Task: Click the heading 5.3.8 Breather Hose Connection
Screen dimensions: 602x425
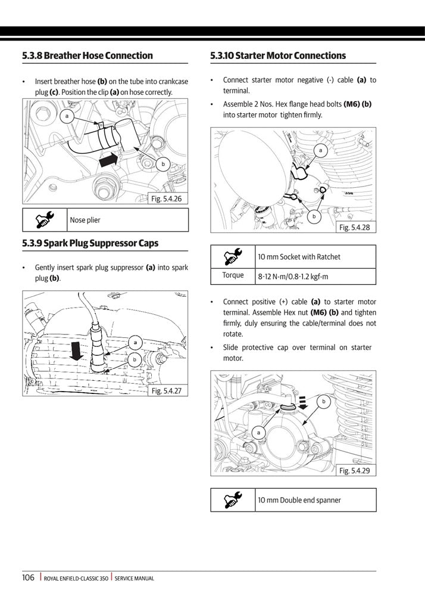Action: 87,55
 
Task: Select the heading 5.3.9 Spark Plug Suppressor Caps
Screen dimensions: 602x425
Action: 90,243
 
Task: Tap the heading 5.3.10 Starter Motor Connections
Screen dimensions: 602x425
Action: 278,55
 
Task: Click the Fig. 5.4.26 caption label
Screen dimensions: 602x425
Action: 167,198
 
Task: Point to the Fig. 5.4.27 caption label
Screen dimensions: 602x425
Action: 167,390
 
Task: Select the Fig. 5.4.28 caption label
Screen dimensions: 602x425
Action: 355,227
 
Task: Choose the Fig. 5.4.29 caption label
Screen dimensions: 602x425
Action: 355,470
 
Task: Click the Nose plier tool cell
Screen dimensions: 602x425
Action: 86,220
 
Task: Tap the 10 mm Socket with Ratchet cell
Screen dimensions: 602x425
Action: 299,257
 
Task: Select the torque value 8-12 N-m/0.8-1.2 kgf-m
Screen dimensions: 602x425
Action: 293,277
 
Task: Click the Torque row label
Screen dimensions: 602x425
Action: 233,275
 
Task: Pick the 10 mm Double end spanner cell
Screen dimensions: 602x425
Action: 299,500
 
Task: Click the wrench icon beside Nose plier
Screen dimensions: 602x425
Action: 45,220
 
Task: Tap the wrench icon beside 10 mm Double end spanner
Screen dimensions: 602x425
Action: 233,500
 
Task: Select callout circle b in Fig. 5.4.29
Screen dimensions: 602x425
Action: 324,402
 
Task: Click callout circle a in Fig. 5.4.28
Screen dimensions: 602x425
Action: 321,151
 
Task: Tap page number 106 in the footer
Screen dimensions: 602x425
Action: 28,578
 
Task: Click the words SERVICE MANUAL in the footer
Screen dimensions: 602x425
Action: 135,578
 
